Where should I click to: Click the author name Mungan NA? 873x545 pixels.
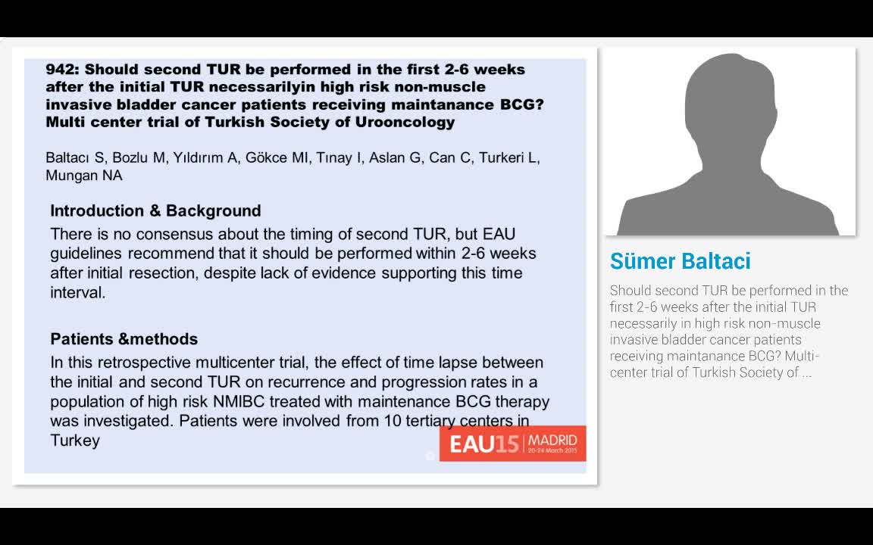pos(84,176)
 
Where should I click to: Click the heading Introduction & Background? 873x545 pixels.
pos(155,211)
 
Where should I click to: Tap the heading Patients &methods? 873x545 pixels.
pos(124,339)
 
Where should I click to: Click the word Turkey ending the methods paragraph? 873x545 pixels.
pos(75,440)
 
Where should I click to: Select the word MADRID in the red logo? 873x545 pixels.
pos(552,440)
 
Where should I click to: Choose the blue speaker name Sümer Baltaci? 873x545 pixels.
pos(680,261)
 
